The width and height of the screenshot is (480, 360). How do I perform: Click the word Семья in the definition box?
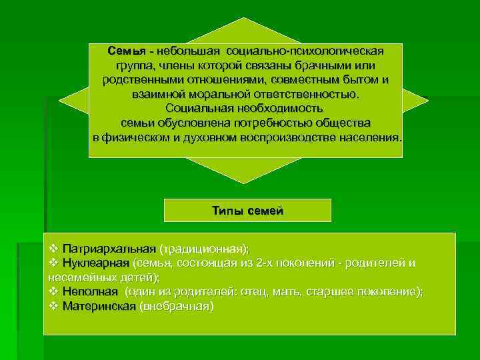(x=126, y=51)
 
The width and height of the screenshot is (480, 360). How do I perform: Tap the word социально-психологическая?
(x=305, y=51)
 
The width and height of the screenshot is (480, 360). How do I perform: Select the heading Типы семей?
(x=247, y=211)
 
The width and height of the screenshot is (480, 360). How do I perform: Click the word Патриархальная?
(x=109, y=249)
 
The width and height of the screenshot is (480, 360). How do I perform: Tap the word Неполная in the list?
(x=90, y=292)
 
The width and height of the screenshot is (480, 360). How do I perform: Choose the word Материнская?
(x=99, y=307)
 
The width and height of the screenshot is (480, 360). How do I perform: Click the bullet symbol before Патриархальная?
(x=54, y=249)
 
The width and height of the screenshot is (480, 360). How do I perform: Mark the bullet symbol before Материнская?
(x=54, y=307)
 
